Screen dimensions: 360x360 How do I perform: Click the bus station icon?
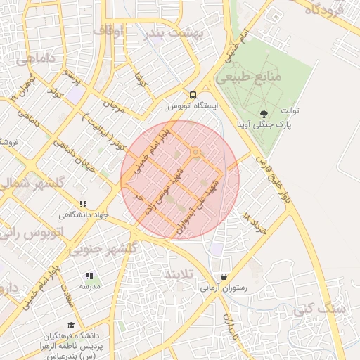(x=192, y=95)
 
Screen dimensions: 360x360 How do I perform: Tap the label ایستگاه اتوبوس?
(x=193, y=106)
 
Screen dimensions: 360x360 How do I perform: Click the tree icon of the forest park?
(x=264, y=113)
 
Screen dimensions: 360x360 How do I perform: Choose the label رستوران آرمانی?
(x=224, y=287)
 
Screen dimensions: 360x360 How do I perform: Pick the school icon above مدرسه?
(x=89, y=276)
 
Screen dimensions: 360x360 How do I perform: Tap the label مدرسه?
(x=90, y=287)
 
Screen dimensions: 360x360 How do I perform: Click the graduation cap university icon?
(x=71, y=326)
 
